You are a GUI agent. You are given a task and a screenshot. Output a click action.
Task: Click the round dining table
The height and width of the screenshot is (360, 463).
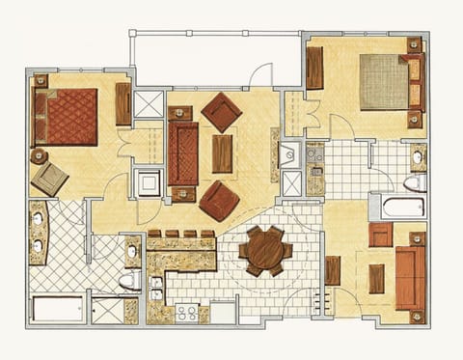(265, 251)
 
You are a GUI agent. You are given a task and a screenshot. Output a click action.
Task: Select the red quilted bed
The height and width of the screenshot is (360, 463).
(68, 117)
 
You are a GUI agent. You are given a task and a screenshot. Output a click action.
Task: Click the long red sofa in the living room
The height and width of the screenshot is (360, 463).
(182, 153)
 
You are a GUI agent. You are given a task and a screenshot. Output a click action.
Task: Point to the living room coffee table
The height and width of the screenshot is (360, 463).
(222, 153)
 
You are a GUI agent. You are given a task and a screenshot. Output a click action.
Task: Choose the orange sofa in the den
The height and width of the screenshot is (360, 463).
(410, 277)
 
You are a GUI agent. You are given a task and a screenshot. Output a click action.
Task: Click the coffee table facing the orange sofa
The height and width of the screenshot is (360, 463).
(376, 278)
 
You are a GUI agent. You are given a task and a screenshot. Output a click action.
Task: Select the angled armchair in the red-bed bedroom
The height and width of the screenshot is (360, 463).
(48, 179)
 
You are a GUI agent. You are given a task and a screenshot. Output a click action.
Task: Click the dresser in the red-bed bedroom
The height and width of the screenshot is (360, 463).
(123, 103)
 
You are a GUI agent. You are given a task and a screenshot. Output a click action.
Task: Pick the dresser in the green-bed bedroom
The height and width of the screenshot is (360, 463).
(315, 68)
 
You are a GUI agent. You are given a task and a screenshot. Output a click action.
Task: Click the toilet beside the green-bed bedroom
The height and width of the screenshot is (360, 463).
(413, 182)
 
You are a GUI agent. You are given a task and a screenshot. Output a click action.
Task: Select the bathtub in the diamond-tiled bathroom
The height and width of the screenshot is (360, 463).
(58, 309)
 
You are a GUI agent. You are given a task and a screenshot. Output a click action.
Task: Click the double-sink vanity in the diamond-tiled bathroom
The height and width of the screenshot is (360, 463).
(39, 232)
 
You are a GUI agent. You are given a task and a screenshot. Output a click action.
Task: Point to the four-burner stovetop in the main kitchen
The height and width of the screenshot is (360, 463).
(186, 312)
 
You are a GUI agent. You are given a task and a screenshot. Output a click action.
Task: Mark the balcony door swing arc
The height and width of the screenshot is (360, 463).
(262, 75)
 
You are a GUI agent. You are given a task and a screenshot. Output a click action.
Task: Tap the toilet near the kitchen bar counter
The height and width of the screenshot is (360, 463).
(129, 280)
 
